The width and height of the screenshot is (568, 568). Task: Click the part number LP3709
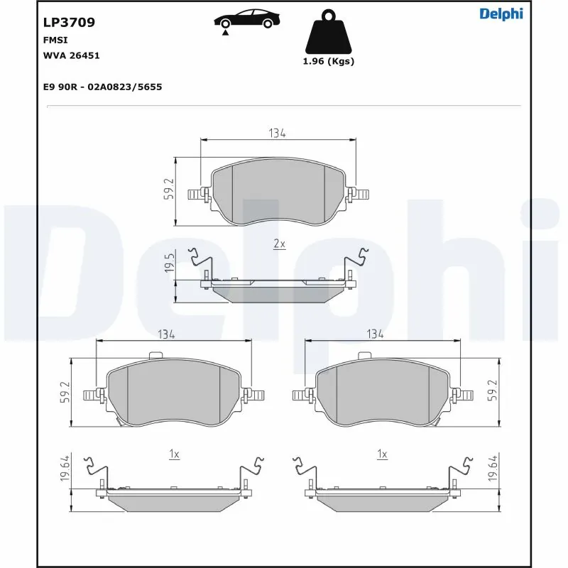tap(70, 22)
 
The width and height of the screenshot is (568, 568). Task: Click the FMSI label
tap(56, 40)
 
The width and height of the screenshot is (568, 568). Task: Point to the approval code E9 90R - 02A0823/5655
tap(102, 87)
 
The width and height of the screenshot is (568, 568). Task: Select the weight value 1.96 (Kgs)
tap(328, 61)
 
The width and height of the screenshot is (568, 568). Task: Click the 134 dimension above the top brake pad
tap(277, 133)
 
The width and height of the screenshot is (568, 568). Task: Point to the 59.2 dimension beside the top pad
tap(169, 190)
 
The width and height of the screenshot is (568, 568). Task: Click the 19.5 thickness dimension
tap(169, 263)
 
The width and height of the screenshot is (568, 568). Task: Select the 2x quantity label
tap(279, 244)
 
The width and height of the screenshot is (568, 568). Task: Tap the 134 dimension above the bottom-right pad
tap(375, 334)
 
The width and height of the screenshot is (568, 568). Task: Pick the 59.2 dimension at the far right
tap(491, 390)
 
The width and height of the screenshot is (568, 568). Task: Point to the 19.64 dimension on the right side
tap(491, 469)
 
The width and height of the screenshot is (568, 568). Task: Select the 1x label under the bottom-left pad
tap(174, 454)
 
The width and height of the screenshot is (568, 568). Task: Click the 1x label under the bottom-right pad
tap(382, 454)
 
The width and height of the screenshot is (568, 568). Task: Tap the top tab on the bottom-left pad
tap(158, 356)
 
